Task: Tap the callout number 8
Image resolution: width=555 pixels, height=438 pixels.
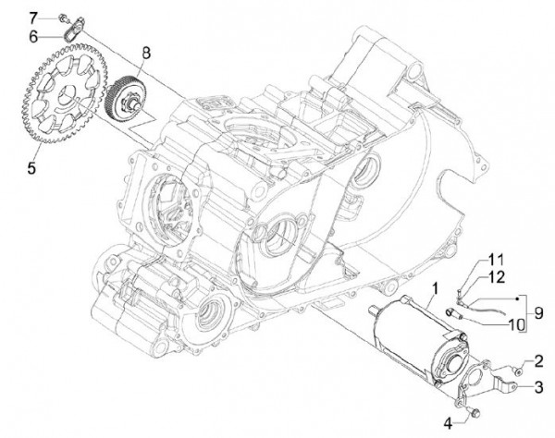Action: pyautogui.click(x=144, y=54)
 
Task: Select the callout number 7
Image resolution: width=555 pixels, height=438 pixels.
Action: pyautogui.click(x=34, y=18)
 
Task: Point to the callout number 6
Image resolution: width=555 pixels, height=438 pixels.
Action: pyautogui.click(x=34, y=36)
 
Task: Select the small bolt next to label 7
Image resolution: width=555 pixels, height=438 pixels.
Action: pyautogui.click(x=59, y=17)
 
